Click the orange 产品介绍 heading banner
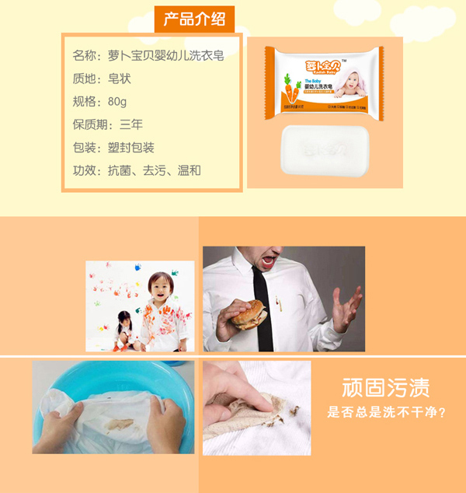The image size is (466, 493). pos(194,17)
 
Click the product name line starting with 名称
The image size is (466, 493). pos(148,56)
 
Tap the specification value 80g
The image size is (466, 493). pos(118,102)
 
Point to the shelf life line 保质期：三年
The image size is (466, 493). pos(108,124)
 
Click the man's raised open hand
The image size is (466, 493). pos(345,305)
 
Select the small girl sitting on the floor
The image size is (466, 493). pos(123,330)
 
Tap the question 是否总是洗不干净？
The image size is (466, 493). pos(386,412)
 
